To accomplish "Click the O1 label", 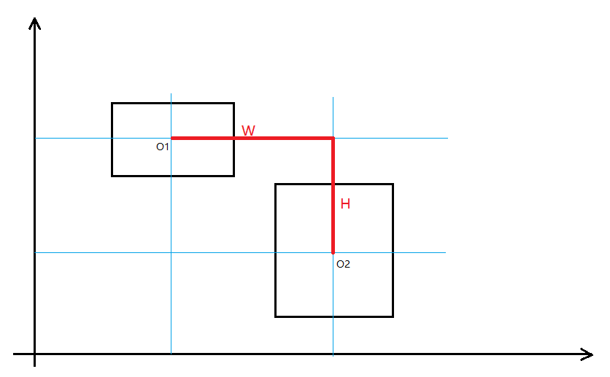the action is pos(162,147).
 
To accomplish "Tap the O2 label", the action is pos(343,264).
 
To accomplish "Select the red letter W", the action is pos(248,131).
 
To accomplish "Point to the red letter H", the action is pos(345,204).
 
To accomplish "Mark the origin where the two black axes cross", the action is pos(34,354).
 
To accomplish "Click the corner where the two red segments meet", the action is pos(333,138).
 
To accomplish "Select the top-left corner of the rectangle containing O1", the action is pos(112,104).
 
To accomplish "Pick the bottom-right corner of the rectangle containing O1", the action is pos(233,176).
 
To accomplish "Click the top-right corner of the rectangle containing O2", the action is pos(393,184).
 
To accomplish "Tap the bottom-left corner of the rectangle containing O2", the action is pos(276,316).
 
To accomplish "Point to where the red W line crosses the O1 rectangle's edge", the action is pos(233,138).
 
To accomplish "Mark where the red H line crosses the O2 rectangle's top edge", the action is pos(333,184).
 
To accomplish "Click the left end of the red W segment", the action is pos(171,138).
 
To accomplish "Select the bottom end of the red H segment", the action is pos(333,252).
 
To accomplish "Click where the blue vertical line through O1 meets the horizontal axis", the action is pos(171,354).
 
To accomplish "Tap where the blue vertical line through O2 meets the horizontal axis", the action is pos(333,354).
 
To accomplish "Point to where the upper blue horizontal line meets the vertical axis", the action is pos(34,138).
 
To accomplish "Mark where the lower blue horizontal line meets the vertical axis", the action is pos(34,252).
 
